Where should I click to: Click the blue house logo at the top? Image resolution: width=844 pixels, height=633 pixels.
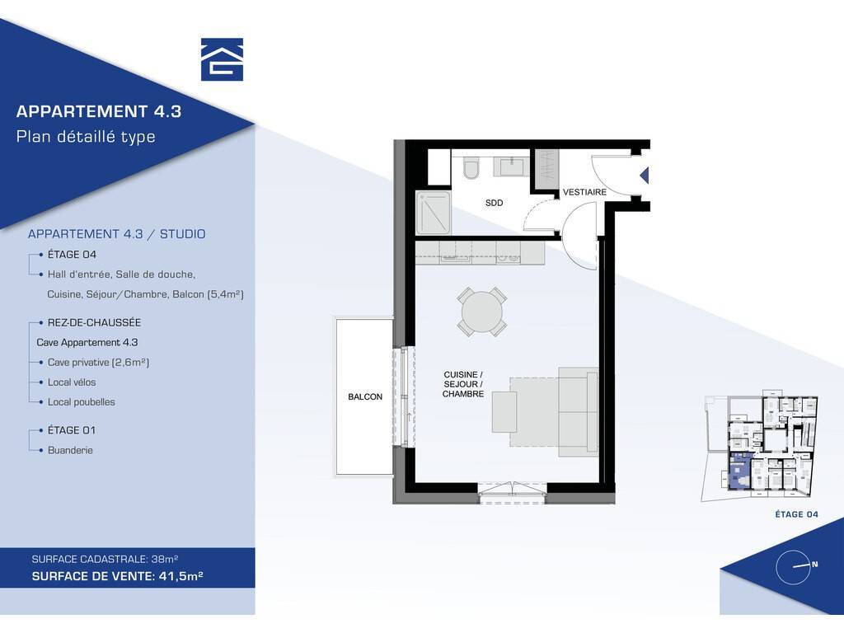(222, 59)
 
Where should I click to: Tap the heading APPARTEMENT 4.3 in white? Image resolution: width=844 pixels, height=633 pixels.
(99, 111)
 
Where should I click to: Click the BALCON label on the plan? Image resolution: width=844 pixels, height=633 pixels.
(365, 396)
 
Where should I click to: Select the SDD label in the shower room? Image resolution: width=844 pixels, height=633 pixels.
(495, 203)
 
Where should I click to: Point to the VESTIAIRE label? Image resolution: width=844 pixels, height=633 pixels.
(584, 192)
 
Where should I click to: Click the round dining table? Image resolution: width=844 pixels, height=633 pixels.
(481, 312)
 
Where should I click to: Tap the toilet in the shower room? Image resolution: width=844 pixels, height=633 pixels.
(471, 167)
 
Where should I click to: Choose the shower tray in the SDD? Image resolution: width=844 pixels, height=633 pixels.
(434, 213)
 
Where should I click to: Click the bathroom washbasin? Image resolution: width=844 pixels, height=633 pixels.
(513, 166)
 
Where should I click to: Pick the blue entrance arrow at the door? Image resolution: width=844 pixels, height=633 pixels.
(644, 176)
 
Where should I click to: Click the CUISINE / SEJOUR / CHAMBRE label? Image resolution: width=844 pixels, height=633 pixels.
(463, 384)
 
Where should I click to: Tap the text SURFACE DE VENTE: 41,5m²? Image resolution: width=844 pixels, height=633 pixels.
(117, 576)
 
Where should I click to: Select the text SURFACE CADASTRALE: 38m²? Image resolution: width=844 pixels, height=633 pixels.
(105, 560)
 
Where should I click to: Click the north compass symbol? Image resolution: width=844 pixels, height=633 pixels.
(793, 567)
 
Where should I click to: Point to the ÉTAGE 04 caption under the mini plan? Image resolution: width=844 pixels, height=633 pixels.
(797, 514)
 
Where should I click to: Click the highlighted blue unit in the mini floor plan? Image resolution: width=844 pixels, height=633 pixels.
(739, 471)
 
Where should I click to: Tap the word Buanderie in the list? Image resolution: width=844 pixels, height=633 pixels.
(71, 451)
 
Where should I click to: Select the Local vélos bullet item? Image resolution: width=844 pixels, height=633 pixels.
(72, 382)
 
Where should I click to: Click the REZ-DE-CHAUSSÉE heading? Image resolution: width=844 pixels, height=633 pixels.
(94, 323)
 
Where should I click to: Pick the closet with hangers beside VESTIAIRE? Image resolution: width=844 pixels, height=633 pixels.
(546, 169)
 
